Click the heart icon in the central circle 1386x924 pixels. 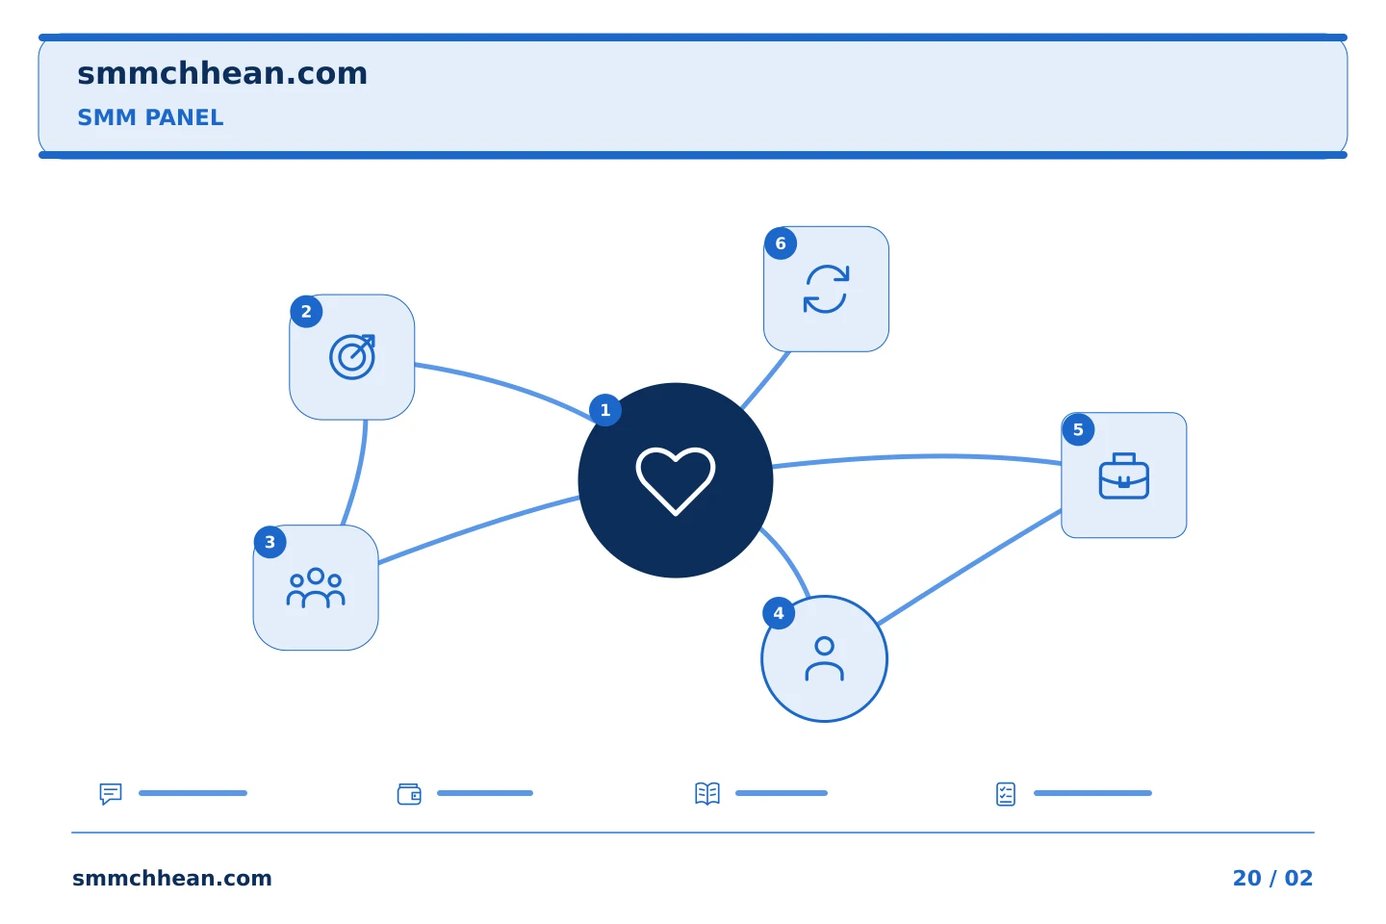click(x=675, y=481)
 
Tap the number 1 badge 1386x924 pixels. click(x=605, y=410)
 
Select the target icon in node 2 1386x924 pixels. click(x=352, y=357)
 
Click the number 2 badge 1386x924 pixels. click(x=306, y=311)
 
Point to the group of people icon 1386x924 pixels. click(x=316, y=588)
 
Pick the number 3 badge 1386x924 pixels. click(x=269, y=542)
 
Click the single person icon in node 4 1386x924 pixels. click(x=824, y=658)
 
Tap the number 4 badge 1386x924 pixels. click(x=779, y=613)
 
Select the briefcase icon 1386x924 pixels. click(x=1123, y=475)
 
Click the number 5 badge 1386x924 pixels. click(x=1078, y=429)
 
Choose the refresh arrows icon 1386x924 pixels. click(x=826, y=289)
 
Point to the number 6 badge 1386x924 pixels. click(x=781, y=244)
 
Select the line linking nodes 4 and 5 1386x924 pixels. click(x=969, y=567)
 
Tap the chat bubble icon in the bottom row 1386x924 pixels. click(x=111, y=793)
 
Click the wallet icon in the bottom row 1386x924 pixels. click(x=409, y=794)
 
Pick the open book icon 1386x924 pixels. click(x=707, y=793)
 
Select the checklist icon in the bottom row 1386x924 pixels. click(x=1006, y=794)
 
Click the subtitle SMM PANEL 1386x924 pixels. click(x=150, y=117)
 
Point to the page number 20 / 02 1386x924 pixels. click(x=1272, y=878)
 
